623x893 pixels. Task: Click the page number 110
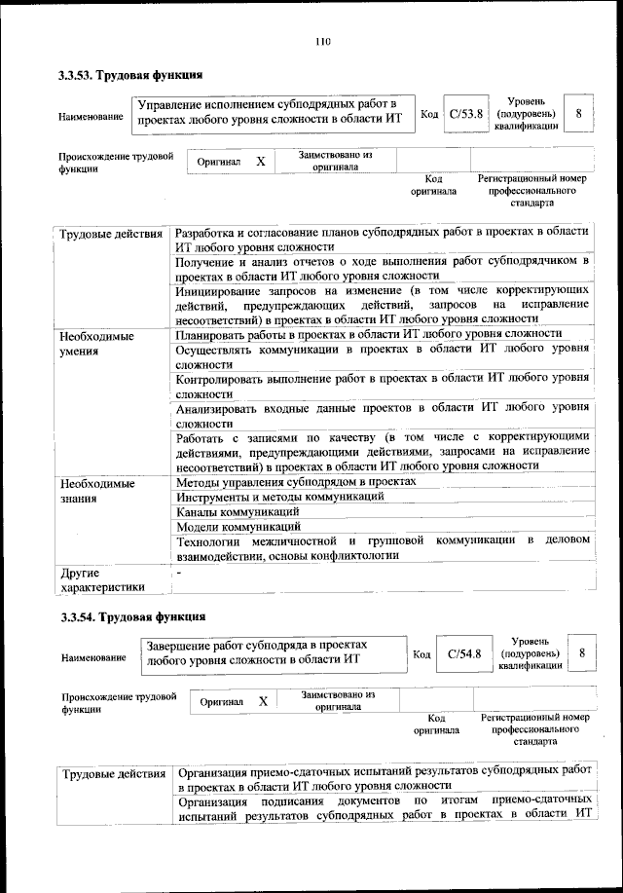coord(323,41)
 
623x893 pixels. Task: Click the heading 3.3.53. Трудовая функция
coord(130,75)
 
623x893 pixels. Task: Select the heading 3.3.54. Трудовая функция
coord(132,616)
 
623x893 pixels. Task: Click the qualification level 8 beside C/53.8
coord(578,114)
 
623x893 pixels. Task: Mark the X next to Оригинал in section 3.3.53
coord(260,162)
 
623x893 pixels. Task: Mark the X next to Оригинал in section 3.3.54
coord(263,701)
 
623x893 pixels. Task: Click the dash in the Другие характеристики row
coord(179,572)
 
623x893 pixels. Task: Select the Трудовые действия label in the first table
coord(111,235)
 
